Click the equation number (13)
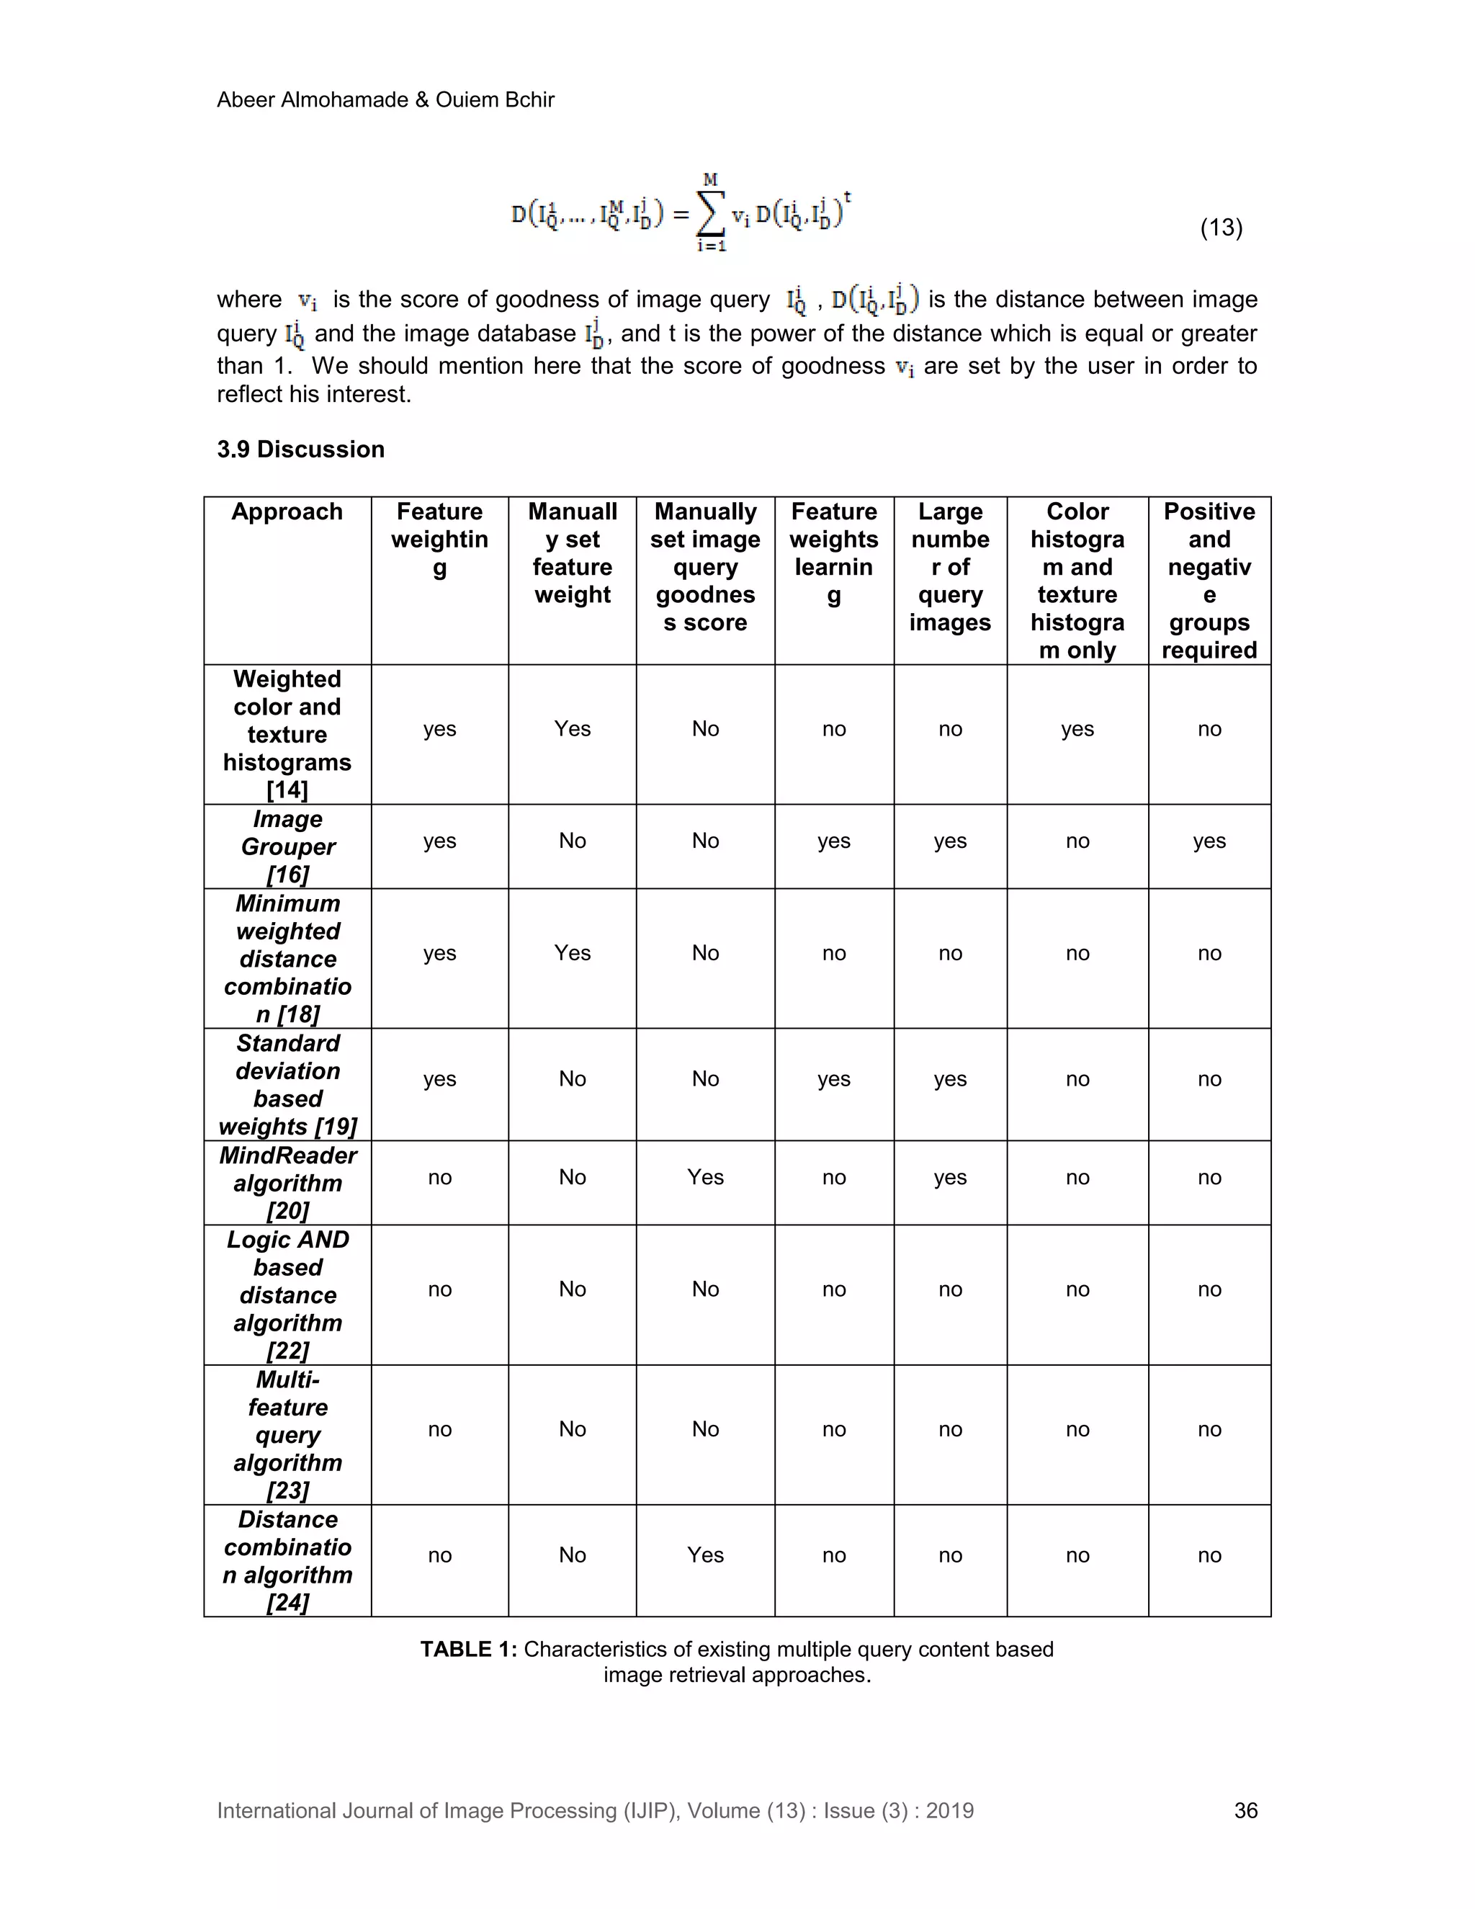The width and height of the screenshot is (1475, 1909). point(1221,228)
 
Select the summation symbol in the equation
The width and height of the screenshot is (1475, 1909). point(710,213)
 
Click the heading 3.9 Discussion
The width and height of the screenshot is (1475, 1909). point(300,450)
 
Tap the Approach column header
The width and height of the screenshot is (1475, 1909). point(287,512)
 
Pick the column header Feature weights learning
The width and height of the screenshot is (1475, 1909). point(833,553)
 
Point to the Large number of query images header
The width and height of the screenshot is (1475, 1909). point(950,567)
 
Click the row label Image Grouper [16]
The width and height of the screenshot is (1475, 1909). point(287,846)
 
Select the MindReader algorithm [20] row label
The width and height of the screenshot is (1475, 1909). point(287,1183)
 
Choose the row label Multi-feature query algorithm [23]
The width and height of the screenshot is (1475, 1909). point(287,1434)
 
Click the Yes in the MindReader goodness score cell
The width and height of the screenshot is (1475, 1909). point(705,1177)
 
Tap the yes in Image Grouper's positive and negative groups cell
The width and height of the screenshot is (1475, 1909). point(1209,841)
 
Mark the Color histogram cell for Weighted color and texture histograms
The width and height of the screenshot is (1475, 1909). point(1077,729)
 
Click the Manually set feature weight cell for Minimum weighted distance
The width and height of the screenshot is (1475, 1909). point(573,953)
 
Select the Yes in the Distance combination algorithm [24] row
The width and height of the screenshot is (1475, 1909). point(705,1555)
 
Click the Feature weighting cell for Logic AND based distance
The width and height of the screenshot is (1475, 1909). point(439,1289)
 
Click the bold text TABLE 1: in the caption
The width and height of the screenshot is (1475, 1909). point(468,1650)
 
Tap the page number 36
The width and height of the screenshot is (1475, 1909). point(1245,1810)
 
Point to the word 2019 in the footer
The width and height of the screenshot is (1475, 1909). point(950,1810)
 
